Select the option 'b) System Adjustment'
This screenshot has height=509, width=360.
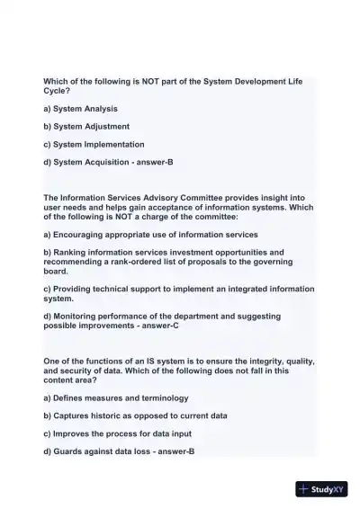coord(86,127)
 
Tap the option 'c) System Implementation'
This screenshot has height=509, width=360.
coord(94,144)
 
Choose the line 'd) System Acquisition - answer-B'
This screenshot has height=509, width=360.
coord(102,162)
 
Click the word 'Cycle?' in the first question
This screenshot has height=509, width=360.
coord(58,91)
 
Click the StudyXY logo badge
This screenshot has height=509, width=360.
coord(321,490)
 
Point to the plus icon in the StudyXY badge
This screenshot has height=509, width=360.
coord(303,490)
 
